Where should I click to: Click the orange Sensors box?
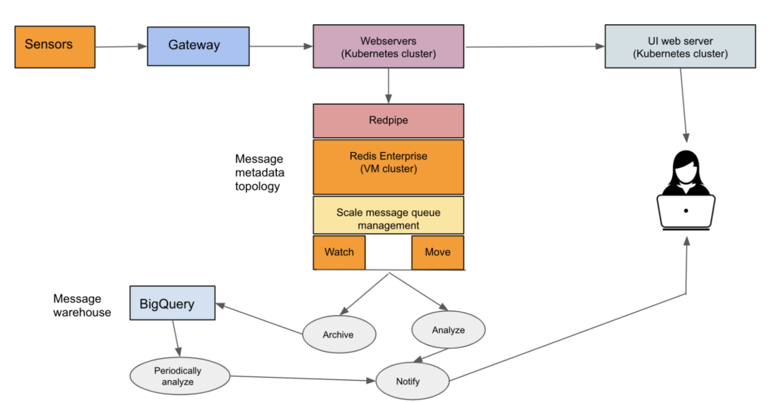[x=55, y=46]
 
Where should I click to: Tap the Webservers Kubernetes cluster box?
[x=388, y=46]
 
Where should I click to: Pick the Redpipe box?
[x=388, y=120]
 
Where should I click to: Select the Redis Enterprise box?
[x=388, y=167]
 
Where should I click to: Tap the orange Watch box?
[x=339, y=252]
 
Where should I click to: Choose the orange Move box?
[x=437, y=252]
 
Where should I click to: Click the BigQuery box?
[x=173, y=303]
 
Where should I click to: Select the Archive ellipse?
[x=338, y=334]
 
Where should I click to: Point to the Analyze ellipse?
[x=448, y=330]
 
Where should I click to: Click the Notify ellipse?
[x=412, y=380]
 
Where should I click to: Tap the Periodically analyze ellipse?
[x=178, y=376]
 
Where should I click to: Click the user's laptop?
[x=686, y=212]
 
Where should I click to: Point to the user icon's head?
[x=686, y=165]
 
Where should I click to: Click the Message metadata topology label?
[x=259, y=173]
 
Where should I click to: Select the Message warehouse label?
[x=82, y=305]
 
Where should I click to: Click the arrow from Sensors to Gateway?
[x=121, y=47]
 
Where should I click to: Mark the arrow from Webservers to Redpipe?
[x=388, y=85]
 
